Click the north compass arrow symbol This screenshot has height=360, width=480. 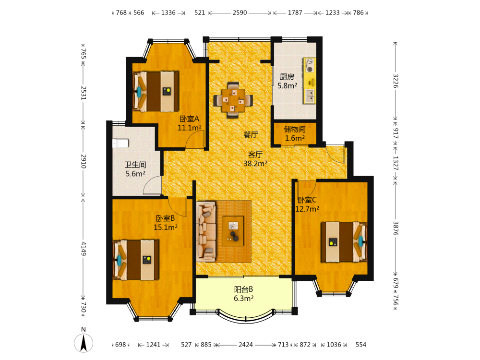coord(83,343)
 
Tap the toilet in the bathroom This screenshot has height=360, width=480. coord(120,143)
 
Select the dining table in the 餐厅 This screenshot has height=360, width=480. coord(233,100)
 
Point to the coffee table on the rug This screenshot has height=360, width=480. coord(233,230)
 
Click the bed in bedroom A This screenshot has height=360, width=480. coord(156,92)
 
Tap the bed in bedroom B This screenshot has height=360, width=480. coord(136,260)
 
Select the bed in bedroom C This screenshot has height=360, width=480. coord(344,242)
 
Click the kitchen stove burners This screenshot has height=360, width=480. coord(310,65)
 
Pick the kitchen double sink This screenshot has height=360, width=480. coord(310,96)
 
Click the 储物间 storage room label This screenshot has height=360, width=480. coord(295,129)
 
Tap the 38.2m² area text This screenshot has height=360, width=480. coord(255,164)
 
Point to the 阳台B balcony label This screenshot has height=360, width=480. coord(244,289)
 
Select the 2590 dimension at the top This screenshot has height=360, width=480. coord(240,12)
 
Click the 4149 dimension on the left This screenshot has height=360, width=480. coord(84,249)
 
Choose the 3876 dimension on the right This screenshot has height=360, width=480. coord(396,228)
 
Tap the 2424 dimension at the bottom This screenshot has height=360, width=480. coord(246,345)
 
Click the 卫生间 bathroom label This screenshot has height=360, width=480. coord(135,165)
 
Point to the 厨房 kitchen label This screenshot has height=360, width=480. coord(287,76)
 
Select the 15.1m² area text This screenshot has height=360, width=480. coord(166,228)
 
